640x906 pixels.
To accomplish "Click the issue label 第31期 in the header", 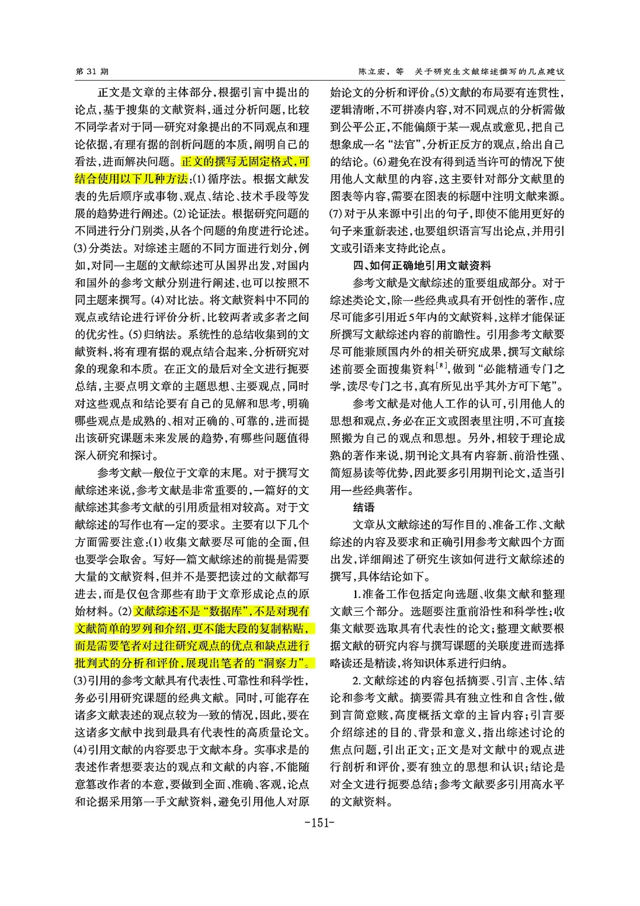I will tap(92, 72).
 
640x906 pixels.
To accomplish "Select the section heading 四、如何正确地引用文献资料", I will tap(422, 265).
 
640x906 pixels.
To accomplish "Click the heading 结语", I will tap(364, 507).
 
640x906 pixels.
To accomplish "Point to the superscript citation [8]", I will tap(441, 366).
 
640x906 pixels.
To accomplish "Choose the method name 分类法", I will tap(107, 248).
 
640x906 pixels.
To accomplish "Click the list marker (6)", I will tap(380, 162).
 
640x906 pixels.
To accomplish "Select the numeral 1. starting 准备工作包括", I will tap(356, 594).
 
